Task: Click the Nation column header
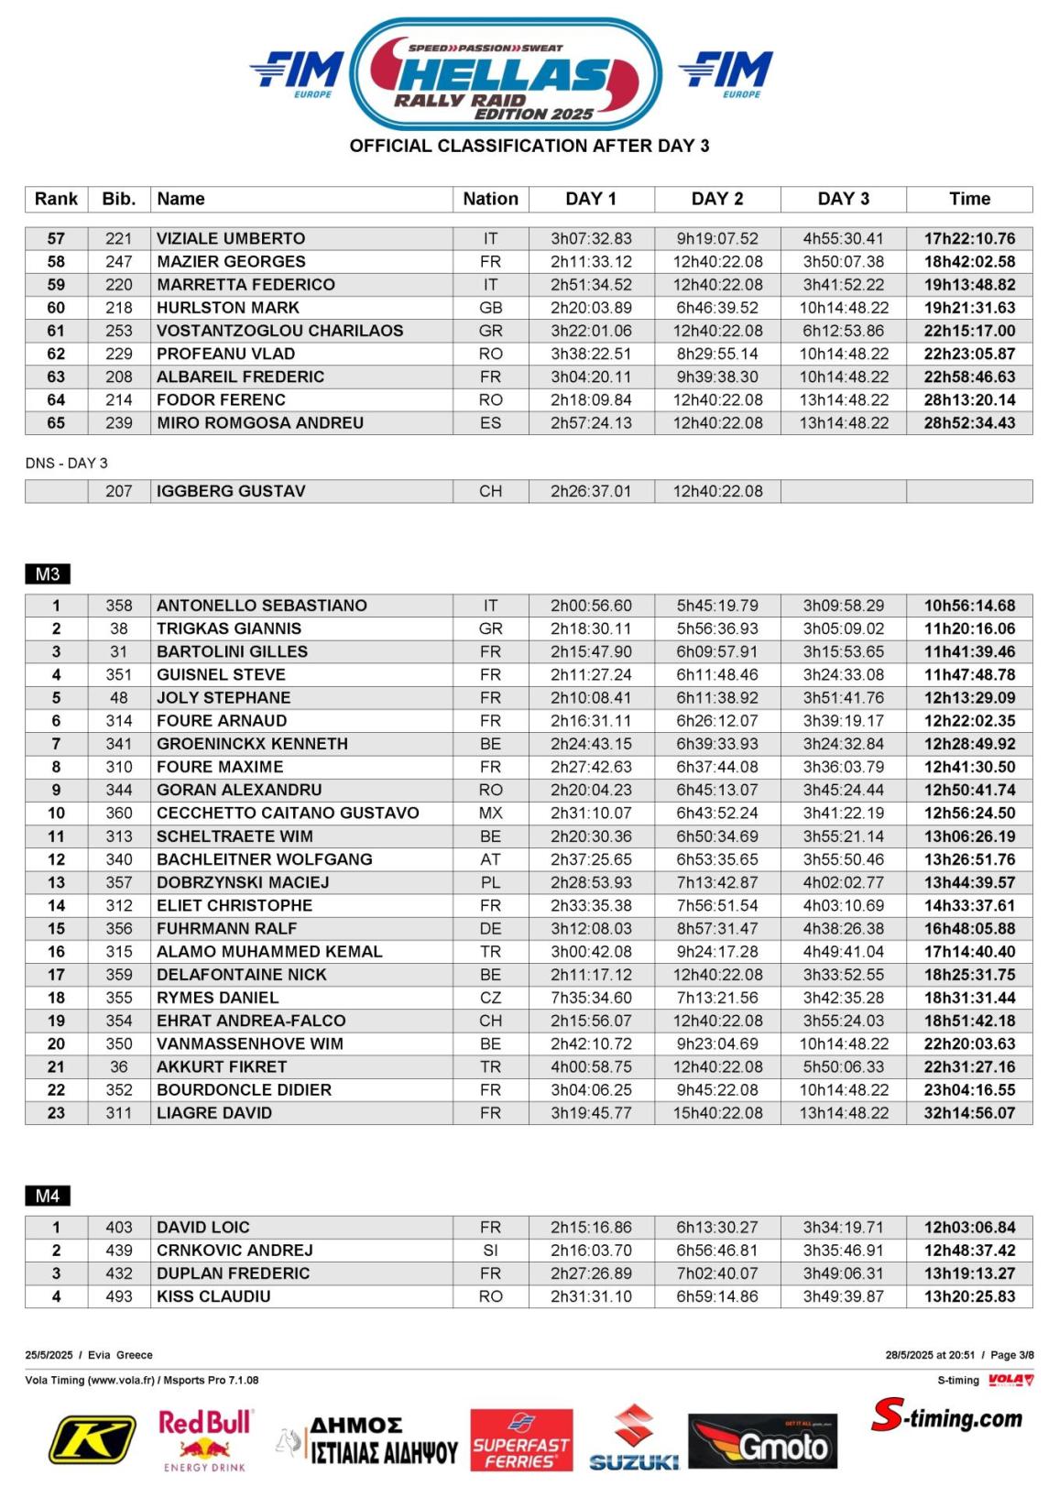pos(490,199)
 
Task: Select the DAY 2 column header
pos(717,199)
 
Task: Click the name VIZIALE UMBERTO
pos(231,238)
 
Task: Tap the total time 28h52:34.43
pos(969,422)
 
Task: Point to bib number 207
pos(119,491)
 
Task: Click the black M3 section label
pos(48,574)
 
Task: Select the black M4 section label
pos(48,1196)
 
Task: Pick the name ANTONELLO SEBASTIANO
pos(262,606)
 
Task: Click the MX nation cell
pos(490,813)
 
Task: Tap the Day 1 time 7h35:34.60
pos(591,998)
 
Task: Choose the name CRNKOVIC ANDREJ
pos(235,1251)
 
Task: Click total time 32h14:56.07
pos(969,1113)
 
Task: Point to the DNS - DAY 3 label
pos(67,464)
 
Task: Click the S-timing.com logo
pos(947,1417)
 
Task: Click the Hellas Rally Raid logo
pos(506,75)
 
